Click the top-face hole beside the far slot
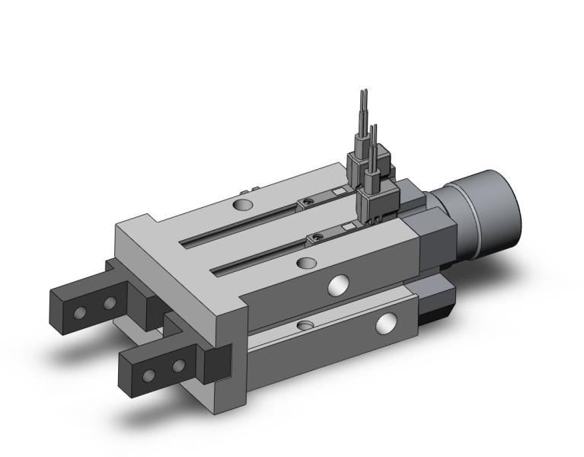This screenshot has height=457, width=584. [243, 206]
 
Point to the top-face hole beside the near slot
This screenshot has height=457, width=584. [306, 264]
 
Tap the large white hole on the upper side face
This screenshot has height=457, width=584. [335, 284]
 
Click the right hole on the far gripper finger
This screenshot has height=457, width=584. [109, 303]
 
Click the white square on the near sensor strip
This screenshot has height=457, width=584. [347, 227]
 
